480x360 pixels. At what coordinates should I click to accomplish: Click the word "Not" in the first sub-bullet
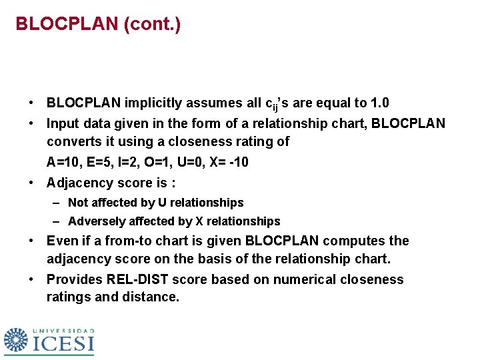[x=77, y=203]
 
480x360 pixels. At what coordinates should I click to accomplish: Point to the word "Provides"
[x=72, y=279]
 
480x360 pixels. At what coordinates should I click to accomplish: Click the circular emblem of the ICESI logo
[x=16, y=340]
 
